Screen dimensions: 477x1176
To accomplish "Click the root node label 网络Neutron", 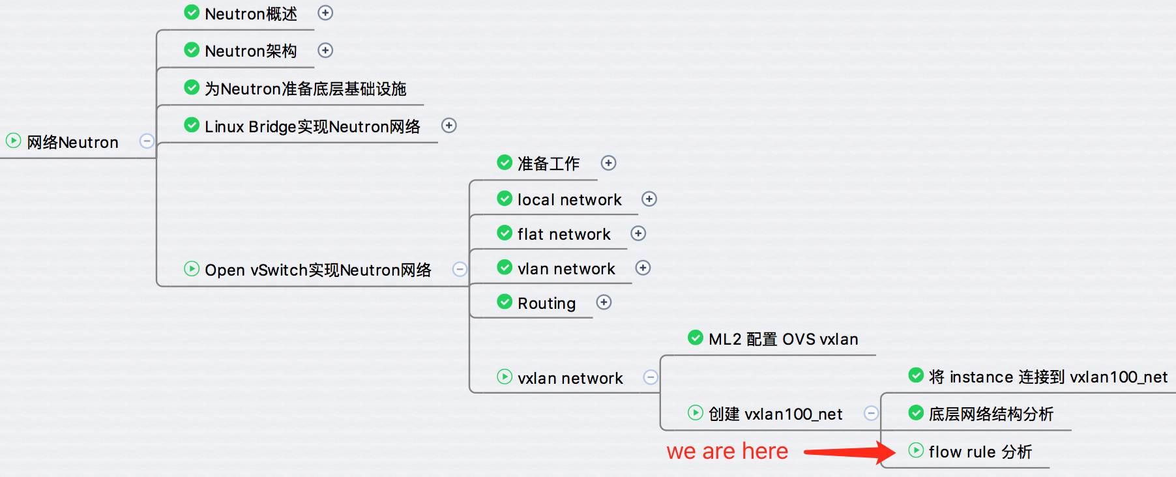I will pyautogui.click(x=72, y=142).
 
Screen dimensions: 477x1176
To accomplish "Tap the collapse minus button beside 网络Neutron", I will pyautogui.click(x=147, y=141).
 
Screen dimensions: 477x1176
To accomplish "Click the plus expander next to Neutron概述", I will pyautogui.click(x=325, y=13).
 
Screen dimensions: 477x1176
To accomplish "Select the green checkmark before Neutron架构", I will pyautogui.click(x=192, y=50).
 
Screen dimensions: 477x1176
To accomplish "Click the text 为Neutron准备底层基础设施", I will pyautogui.click(x=305, y=89).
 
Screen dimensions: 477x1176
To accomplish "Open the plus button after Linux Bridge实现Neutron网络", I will pyautogui.click(x=449, y=125).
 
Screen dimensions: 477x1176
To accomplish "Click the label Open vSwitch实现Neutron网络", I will pyautogui.click(x=317, y=270).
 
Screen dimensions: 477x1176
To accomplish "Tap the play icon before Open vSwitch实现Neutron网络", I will pyautogui.click(x=192, y=268).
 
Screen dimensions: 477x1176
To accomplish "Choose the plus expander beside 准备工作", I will pyautogui.click(x=608, y=163).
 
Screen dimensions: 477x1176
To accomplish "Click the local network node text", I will pyautogui.click(x=569, y=199).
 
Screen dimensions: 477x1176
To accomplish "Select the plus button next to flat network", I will pyautogui.click(x=638, y=233).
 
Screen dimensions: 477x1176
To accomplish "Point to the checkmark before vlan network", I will pyautogui.click(x=505, y=267).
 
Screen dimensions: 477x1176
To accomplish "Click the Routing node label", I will pyautogui.click(x=546, y=303).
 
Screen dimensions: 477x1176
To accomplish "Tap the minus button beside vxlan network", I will pyautogui.click(x=651, y=377).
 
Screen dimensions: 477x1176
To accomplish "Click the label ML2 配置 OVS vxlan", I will pyautogui.click(x=783, y=339).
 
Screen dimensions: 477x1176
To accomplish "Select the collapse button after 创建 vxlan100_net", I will pyautogui.click(x=871, y=413).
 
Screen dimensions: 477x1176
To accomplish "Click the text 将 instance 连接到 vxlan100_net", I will pyautogui.click(x=1048, y=377).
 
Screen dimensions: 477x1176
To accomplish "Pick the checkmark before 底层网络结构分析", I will pyautogui.click(x=916, y=412).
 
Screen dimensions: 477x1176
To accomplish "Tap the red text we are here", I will pyautogui.click(x=727, y=451).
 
